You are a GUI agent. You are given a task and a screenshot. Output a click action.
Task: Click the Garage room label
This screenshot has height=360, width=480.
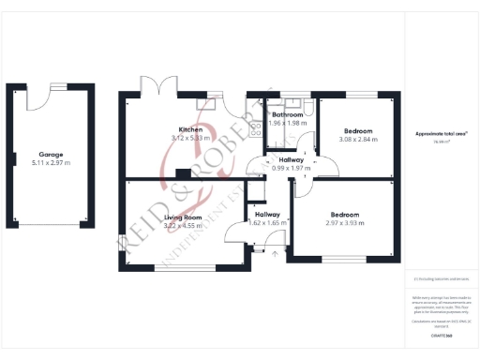50,154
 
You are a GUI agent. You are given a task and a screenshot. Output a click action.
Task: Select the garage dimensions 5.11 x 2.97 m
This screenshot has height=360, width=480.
50,163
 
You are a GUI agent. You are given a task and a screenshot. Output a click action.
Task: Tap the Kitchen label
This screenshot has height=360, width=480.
192,128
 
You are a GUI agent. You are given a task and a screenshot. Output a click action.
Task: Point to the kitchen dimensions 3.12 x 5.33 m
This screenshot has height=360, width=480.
192,138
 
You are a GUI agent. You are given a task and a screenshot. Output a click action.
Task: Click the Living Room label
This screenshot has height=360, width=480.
184,217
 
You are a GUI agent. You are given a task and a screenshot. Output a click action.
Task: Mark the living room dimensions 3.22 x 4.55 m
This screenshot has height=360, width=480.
184,226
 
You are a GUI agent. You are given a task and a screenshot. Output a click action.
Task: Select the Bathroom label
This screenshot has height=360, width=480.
288,114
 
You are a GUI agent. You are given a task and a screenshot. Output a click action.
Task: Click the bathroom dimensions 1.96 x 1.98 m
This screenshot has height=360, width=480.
288,124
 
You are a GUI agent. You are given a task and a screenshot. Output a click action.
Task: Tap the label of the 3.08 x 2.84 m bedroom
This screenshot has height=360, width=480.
358,130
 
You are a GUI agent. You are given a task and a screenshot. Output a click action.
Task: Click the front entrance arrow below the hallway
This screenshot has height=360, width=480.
273,252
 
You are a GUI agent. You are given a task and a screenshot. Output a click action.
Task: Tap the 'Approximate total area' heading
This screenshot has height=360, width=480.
442,134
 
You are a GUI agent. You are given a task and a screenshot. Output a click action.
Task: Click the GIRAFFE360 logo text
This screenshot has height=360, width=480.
430,334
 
